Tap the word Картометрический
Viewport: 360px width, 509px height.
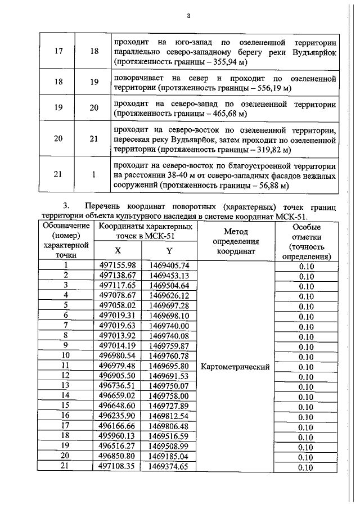[236, 366]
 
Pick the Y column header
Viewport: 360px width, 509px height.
[168, 251]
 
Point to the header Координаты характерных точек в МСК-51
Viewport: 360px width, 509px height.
[143, 231]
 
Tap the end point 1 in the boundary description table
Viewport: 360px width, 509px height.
[93, 175]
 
